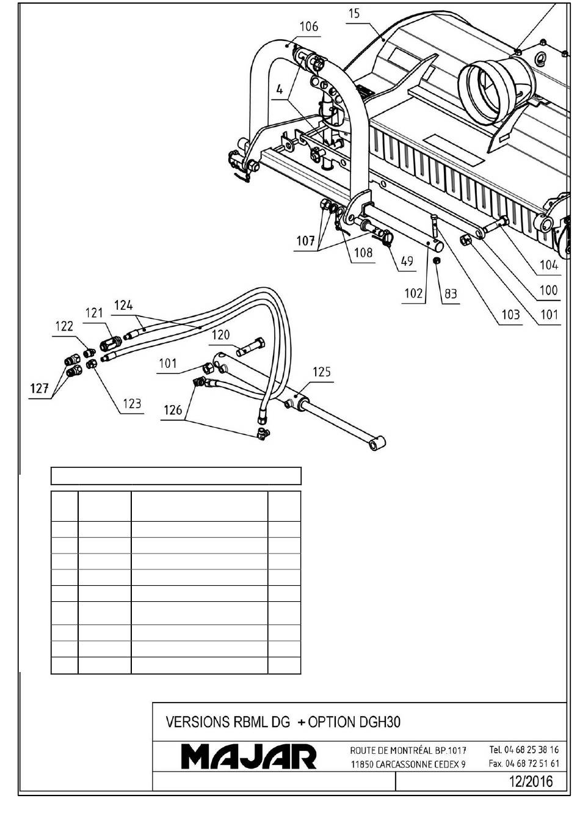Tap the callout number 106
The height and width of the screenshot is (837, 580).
coord(309,27)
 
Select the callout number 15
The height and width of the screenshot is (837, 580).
coord(355,14)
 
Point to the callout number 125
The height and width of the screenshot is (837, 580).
coord(322,372)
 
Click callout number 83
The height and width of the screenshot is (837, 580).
coord(451,294)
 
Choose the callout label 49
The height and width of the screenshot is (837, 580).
coord(407,261)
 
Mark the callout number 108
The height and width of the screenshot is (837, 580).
coord(363,252)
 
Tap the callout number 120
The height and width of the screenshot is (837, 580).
coord(221,334)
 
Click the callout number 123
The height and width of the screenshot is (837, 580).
coord(132,404)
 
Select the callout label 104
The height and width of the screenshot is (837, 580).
coord(549,265)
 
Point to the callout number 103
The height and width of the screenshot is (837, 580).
coord(510,315)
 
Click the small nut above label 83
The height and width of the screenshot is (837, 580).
coord(436,260)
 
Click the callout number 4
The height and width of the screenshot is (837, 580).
coord(280,90)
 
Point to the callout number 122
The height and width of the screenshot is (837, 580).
coord(64,326)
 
